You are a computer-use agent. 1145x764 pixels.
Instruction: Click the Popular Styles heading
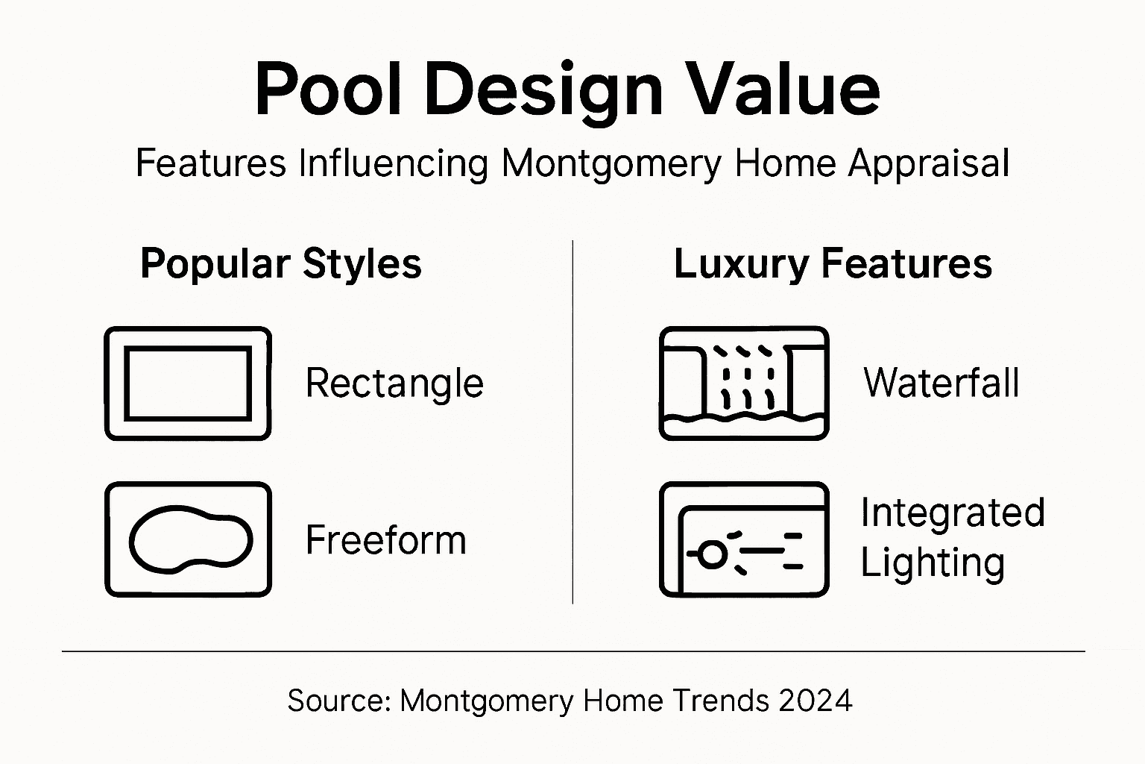(x=281, y=264)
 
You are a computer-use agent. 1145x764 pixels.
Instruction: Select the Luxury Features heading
(x=833, y=264)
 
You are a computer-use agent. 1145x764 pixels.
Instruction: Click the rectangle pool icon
(x=188, y=383)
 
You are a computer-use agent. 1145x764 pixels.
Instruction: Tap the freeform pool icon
(x=188, y=539)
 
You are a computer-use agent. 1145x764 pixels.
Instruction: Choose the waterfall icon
(x=744, y=383)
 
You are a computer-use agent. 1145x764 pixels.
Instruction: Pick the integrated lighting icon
(x=744, y=539)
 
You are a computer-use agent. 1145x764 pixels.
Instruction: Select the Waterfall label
(x=941, y=383)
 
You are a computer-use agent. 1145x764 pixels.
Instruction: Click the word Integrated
(x=953, y=513)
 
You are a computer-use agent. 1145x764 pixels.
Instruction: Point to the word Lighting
(x=933, y=564)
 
